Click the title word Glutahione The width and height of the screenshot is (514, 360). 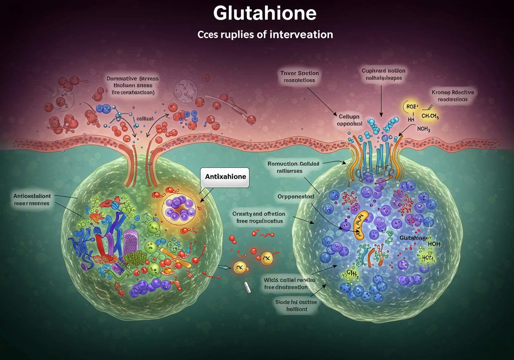click(x=265, y=14)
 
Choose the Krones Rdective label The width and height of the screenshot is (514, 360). click(x=453, y=92)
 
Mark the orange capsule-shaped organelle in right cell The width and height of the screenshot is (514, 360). click(x=360, y=225)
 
